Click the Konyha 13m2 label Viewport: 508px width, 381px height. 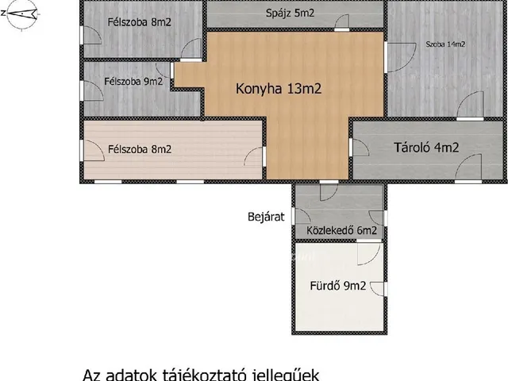278,89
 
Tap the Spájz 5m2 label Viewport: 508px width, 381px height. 291,13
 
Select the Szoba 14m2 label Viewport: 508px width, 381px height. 444,44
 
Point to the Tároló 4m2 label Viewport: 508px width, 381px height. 426,147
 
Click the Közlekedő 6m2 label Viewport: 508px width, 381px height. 341,231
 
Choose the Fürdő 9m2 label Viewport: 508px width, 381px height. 337,287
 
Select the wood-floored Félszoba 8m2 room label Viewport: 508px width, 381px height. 140,148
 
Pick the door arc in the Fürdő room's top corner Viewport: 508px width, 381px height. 368,254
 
